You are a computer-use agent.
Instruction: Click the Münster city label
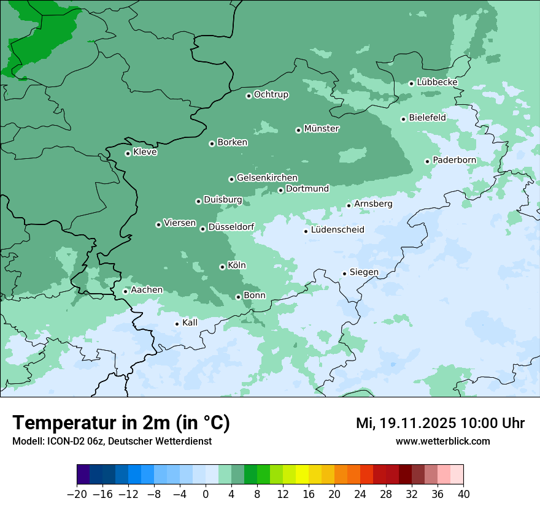coord(322,129)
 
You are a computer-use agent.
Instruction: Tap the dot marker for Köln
coord(222,267)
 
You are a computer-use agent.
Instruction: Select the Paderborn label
coord(454,160)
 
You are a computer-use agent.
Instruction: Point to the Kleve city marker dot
coord(128,153)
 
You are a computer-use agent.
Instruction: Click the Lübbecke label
coord(437,82)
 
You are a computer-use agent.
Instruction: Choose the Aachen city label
coord(147,290)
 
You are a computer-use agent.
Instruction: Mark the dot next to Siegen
coord(344,274)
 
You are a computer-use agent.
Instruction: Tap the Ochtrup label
coord(271,94)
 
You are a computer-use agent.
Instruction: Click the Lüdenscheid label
coord(337,230)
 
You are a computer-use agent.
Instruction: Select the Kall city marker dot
coord(177,324)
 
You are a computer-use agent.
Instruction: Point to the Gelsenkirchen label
coord(267,178)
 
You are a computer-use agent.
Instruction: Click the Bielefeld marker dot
coord(403,119)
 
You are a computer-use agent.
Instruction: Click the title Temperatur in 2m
coord(121,423)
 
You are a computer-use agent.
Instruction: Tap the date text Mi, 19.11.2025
coord(405,423)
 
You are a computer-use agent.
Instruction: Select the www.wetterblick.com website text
coord(442,441)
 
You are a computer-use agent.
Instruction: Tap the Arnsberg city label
coord(373,204)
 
